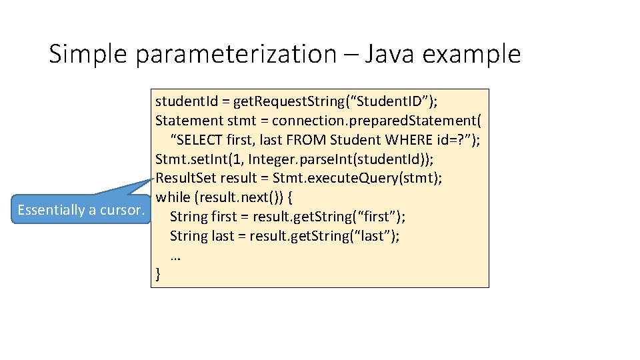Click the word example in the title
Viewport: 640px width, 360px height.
[477, 54]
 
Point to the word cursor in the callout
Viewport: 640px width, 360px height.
[122, 210]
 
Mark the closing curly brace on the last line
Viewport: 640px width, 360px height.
[158, 273]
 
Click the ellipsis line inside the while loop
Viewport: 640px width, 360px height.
[177, 255]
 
